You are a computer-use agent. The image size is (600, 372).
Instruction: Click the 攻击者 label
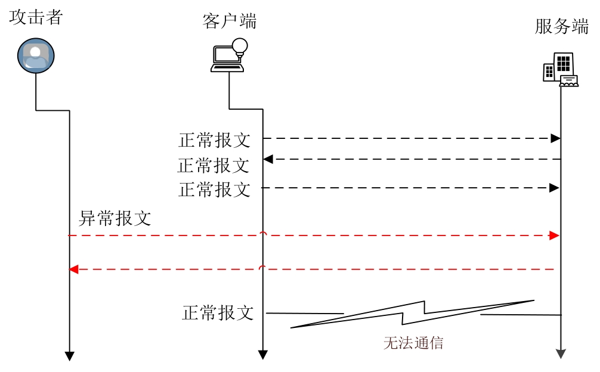coord(36,17)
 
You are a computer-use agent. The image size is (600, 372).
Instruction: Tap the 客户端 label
coord(230,21)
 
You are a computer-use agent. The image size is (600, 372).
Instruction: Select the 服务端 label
coord(561,27)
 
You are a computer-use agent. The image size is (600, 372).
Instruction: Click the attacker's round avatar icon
coord(36,56)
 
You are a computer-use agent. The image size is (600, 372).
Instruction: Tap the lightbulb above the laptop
coord(240,46)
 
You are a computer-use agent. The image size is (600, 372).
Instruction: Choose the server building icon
coord(560,70)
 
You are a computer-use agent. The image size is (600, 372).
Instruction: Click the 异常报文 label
coord(115,219)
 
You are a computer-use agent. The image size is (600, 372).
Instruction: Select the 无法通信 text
coord(413,343)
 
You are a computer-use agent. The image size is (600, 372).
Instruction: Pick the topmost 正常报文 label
coord(215,141)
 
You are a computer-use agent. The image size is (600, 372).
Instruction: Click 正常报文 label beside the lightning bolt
coord(218,313)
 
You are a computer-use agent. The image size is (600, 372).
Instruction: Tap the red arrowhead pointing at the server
coord(554,235)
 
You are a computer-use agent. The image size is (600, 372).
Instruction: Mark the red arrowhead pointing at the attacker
coord(74,269)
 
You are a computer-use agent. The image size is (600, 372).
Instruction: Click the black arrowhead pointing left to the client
coord(268,159)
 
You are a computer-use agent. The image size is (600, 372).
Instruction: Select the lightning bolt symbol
coord(412,314)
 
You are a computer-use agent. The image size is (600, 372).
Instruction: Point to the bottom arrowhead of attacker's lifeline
coord(69,356)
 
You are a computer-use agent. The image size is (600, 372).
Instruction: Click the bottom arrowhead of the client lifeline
coord(262,355)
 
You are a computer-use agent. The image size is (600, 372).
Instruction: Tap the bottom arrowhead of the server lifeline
coord(561,354)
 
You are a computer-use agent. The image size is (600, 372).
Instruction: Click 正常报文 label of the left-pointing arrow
coord(214,165)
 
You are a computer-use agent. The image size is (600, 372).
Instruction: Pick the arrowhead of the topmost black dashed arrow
coord(555,138)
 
